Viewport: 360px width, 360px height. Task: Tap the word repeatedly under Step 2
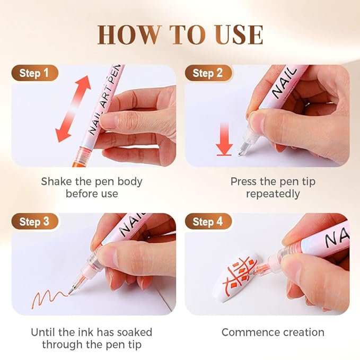(x=273, y=194)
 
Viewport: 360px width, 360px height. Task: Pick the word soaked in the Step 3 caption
(x=133, y=332)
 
